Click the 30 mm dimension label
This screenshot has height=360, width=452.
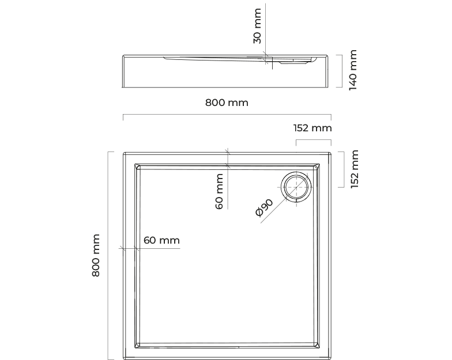(257, 26)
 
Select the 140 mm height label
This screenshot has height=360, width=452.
(353, 70)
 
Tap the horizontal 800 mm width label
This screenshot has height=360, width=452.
(227, 103)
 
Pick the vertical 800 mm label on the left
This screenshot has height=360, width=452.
(96, 256)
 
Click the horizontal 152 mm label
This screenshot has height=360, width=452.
(312, 128)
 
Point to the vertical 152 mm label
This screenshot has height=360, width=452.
(354, 169)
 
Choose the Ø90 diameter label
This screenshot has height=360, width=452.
(264, 207)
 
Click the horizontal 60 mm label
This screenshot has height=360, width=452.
(161, 240)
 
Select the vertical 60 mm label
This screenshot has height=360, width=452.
(219, 191)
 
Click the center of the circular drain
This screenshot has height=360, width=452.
(296, 187)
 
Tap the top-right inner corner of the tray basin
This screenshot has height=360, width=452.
(319, 164)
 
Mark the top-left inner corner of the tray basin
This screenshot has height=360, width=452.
(135, 164)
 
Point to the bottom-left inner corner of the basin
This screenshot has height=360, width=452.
(135, 348)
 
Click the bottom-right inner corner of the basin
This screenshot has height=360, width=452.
(319, 348)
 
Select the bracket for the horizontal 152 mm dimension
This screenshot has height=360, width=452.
(314, 140)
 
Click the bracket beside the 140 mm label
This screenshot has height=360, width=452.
(341, 71)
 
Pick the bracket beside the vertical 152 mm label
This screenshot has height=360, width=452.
(344, 169)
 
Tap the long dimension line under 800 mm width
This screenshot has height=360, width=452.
(227, 115)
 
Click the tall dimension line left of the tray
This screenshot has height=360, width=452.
(108, 256)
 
